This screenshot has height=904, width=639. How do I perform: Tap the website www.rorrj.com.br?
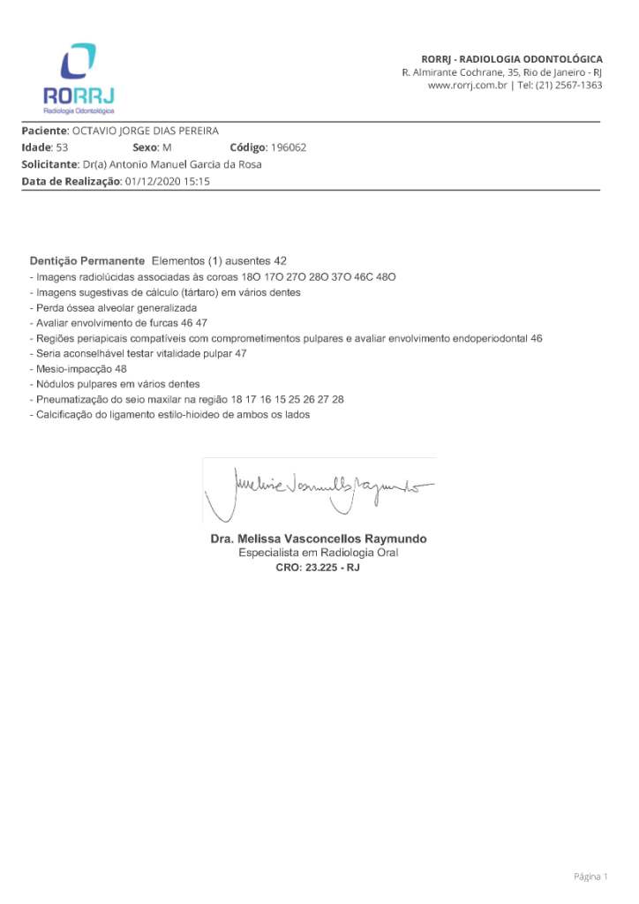click(465, 86)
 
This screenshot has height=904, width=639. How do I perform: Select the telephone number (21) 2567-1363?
click(573, 86)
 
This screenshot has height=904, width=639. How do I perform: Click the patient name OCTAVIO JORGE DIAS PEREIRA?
click(145, 131)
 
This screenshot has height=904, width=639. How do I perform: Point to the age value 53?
click(62, 147)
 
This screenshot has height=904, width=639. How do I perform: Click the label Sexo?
click(146, 147)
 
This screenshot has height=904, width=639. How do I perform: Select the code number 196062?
click(289, 147)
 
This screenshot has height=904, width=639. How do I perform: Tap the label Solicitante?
click(49, 164)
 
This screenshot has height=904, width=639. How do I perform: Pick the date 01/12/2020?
click(153, 181)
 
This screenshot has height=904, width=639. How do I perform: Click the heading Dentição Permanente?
click(86, 261)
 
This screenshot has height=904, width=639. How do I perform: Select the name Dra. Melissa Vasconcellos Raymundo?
click(318, 539)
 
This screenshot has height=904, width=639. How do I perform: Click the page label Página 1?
click(590, 877)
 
